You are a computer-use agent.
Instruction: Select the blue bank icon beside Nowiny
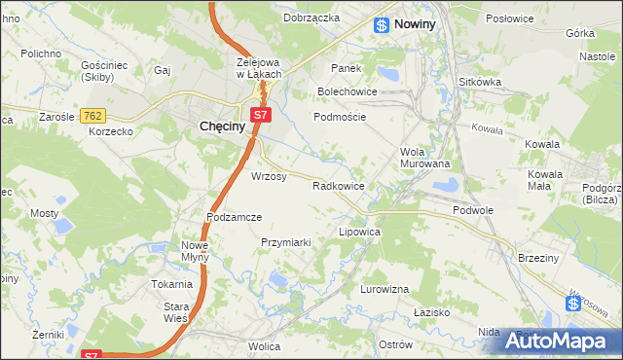tap(382, 25)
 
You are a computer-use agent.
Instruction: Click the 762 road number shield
tap(93, 116)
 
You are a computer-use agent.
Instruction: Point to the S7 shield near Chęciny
tap(260, 116)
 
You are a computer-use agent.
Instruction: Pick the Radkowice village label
tap(338, 186)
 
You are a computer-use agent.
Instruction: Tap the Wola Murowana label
tap(425, 158)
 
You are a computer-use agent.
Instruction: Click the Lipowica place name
tap(358, 234)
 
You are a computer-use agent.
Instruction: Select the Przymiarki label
tap(285, 242)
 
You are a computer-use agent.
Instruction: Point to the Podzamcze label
tap(235, 217)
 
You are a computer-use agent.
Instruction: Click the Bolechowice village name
tap(347, 92)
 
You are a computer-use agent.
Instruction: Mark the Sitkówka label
tap(480, 83)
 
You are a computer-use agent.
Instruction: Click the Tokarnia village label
tap(170, 284)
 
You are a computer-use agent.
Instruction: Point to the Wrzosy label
tap(269, 177)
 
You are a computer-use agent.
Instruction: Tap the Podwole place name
tap(474, 210)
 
